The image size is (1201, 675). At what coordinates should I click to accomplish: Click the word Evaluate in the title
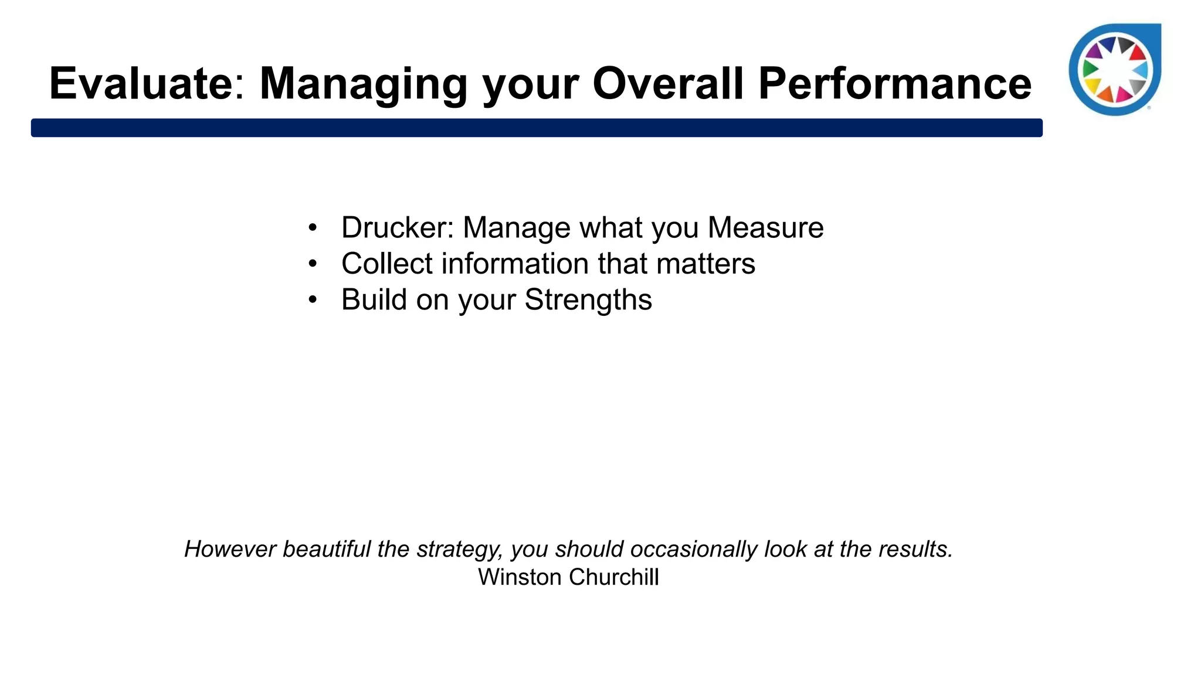(x=141, y=84)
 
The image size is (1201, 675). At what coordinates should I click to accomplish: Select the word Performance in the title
(x=894, y=84)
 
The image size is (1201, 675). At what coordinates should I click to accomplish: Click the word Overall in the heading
(x=668, y=84)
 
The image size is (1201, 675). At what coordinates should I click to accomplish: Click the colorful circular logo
(x=1114, y=70)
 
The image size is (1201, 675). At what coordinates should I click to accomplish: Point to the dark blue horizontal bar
(x=537, y=128)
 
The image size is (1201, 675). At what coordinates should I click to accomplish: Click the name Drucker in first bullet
(x=393, y=227)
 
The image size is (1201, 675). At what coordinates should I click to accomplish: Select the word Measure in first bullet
(x=765, y=227)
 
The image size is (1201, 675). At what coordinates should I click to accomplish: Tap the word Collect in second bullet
(x=386, y=264)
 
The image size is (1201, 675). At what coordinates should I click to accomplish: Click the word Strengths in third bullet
(x=588, y=300)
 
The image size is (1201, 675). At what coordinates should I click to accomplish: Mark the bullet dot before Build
(x=313, y=300)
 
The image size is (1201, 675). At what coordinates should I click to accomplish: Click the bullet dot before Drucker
(x=313, y=227)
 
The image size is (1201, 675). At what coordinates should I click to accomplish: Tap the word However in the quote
(x=230, y=550)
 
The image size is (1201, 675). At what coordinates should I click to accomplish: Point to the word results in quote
(x=921, y=550)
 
